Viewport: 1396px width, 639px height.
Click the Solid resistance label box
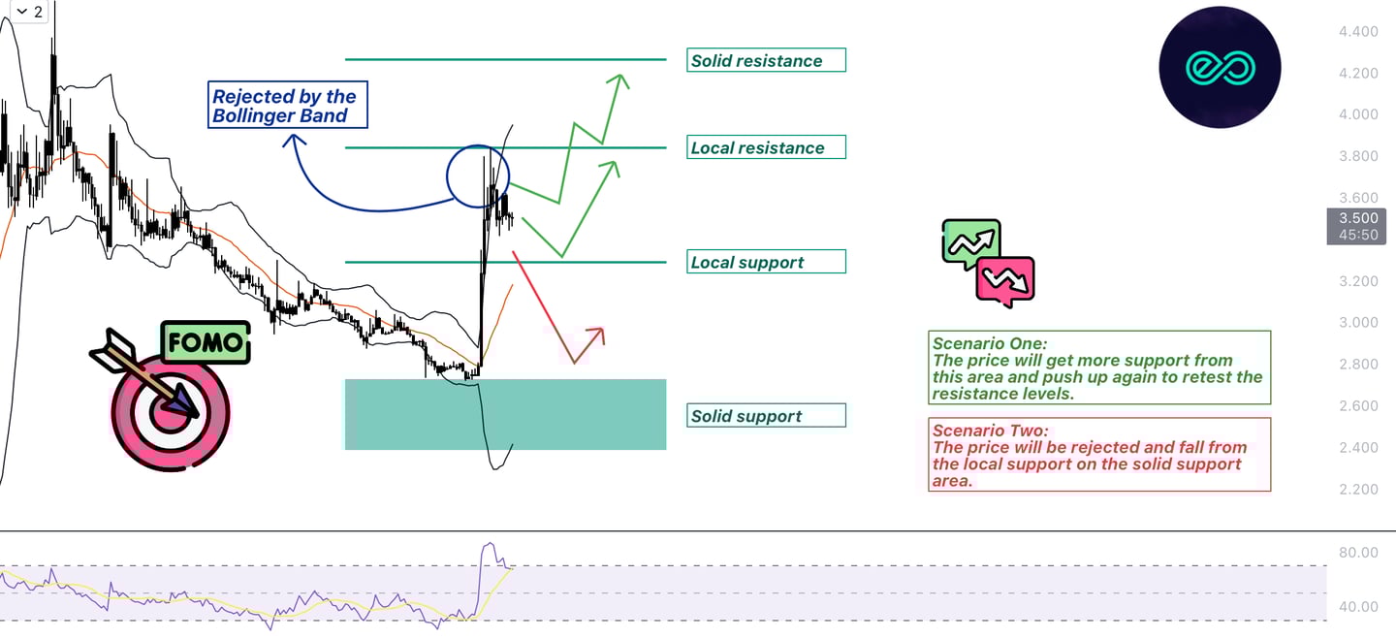point(766,60)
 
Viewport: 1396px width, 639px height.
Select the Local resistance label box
point(766,147)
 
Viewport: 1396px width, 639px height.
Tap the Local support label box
point(766,262)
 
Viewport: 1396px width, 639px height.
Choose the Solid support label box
point(766,416)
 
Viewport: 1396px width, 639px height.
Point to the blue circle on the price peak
point(478,176)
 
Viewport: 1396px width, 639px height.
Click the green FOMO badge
point(205,343)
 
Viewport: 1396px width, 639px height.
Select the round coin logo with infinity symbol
point(1220,67)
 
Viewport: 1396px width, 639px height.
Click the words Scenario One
point(989,343)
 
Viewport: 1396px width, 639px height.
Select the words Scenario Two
point(990,431)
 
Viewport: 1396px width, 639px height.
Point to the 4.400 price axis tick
point(1357,32)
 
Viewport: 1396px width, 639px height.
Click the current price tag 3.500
point(1357,218)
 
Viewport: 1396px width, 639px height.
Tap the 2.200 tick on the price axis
point(1357,489)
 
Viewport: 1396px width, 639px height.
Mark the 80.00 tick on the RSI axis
point(1357,553)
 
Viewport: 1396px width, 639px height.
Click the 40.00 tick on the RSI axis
point(1357,607)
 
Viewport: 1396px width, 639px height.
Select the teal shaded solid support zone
point(505,414)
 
